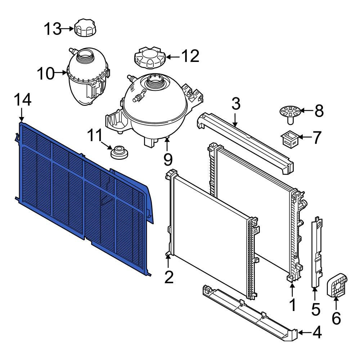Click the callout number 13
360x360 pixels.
click(53, 29)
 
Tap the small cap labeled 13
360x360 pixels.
click(85, 28)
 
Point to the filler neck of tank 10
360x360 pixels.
click(86, 56)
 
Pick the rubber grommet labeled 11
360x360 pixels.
click(119, 152)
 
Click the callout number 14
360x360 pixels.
click(22, 100)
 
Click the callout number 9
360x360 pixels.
click(168, 159)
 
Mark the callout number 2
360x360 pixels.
click(169, 277)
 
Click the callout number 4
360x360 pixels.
click(317, 332)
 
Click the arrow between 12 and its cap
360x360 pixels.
click(172, 57)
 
